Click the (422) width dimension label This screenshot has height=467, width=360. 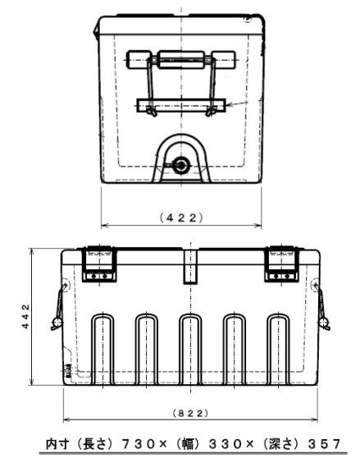click(181, 218)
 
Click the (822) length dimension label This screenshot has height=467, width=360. click(190, 413)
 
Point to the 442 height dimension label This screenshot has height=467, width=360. click(26, 316)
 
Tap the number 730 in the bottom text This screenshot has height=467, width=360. click(139, 444)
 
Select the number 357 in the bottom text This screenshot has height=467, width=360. click(324, 444)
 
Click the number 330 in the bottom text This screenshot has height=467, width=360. click(226, 444)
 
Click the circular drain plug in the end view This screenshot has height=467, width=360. click(181, 165)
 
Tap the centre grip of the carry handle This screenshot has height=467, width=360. click(181, 60)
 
